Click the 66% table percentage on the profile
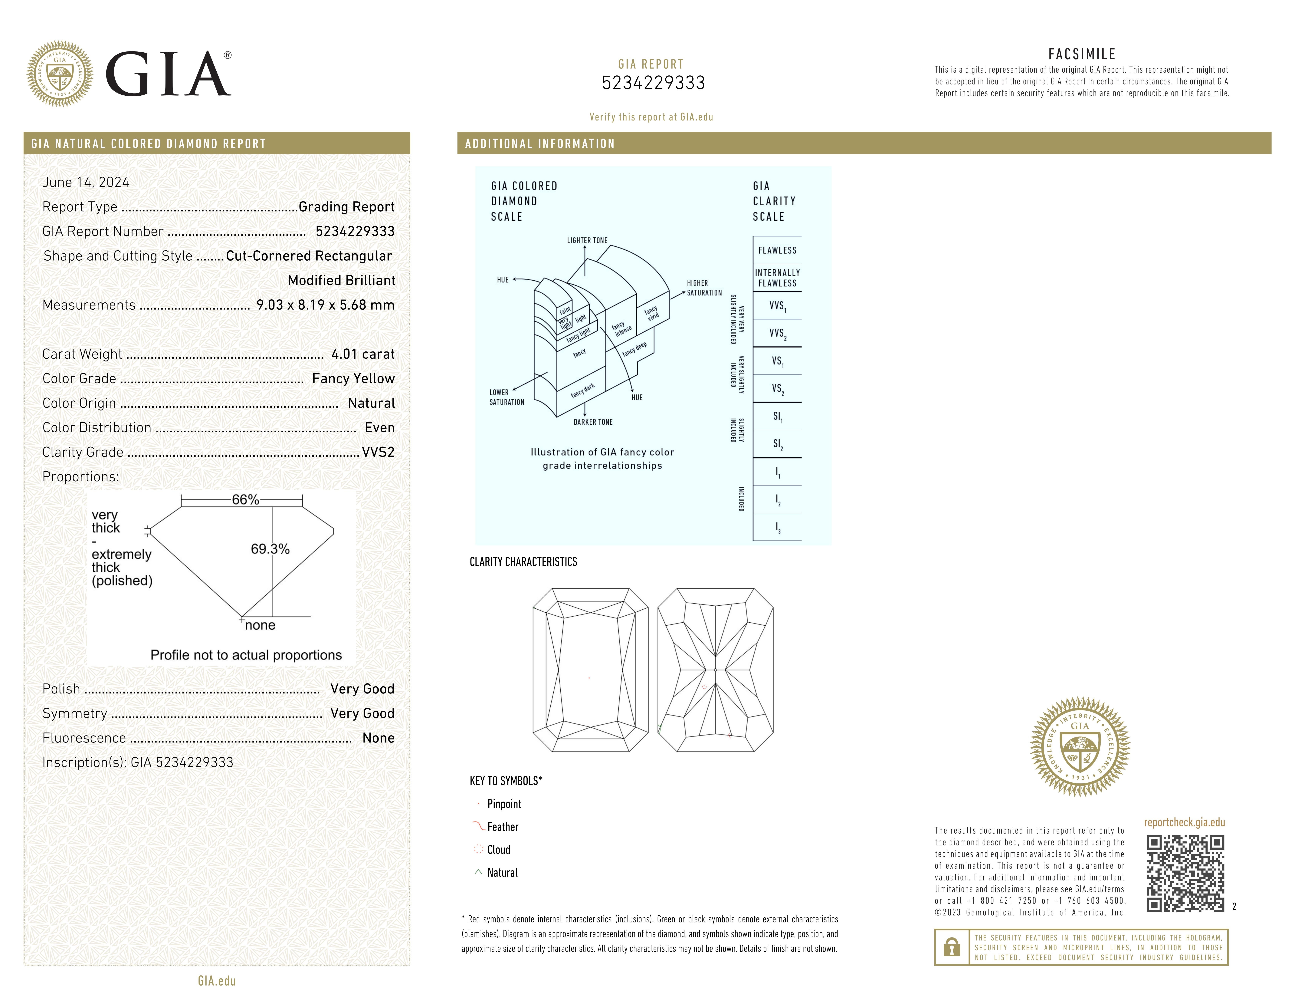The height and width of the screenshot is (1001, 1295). (x=245, y=500)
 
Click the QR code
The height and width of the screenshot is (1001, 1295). (x=1185, y=874)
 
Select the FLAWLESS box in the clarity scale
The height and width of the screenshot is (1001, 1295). (x=777, y=250)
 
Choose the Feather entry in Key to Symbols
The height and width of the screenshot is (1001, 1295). (x=502, y=827)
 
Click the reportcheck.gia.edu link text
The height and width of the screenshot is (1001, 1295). (x=1184, y=822)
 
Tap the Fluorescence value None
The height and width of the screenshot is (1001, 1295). (x=378, y=738)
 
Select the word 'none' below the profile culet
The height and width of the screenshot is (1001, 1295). (x=260, y=625)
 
